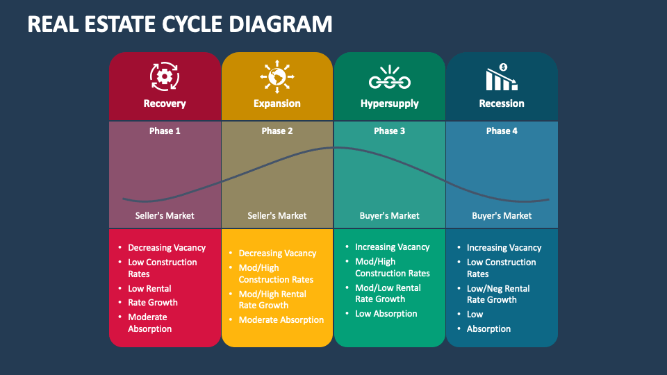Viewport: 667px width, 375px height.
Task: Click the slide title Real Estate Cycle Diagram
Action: [x=180, y=24]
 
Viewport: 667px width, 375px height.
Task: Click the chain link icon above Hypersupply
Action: [x=389, y=78]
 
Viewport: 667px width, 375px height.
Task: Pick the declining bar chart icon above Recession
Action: [x=501, y=77]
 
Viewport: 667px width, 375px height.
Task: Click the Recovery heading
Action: [x=165, y=103]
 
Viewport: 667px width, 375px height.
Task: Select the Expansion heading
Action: [x=277, y=103]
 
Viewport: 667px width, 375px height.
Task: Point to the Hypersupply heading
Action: [x=389, y=103]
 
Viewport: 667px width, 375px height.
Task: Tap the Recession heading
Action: [x=502, y=103]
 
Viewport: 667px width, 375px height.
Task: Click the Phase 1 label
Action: [x=165, y=131]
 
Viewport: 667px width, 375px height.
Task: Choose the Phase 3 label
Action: [x=389, y=131]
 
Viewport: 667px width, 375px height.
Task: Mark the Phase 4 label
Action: [x=502, y=131]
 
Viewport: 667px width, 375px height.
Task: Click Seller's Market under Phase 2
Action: [x=277, y=215]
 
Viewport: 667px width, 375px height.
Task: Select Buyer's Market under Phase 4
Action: [x=502, y=215]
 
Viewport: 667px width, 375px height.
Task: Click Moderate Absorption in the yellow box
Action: [x=281, y=320]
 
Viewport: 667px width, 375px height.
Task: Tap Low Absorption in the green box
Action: [x=386, y=313]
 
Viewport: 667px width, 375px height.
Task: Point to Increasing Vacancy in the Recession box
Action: [x=504, y=247]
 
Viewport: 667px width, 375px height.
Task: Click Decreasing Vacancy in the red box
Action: [x=167, y=247]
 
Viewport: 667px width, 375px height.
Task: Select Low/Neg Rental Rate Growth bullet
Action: [x=497, y=294]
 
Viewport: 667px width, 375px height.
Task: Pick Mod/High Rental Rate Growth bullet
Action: [x=273, y=299]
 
